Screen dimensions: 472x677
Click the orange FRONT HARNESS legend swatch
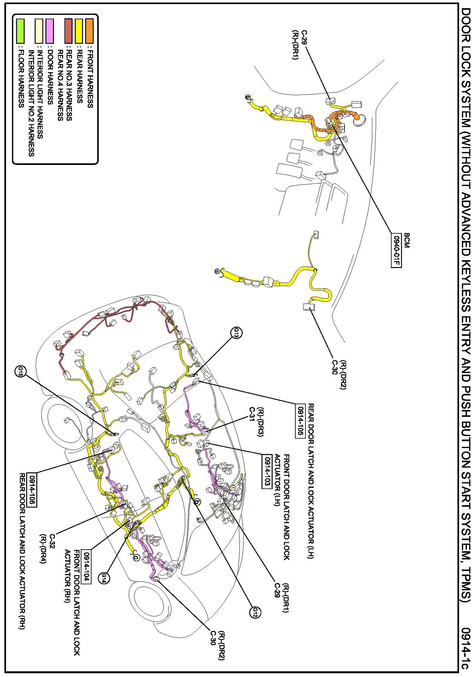[90, 31]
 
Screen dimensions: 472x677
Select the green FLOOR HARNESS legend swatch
[20, 31]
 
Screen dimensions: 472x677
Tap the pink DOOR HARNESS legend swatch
[50, 31]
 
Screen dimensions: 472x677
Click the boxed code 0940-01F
[396, 251]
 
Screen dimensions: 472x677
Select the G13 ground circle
[236, 333]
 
